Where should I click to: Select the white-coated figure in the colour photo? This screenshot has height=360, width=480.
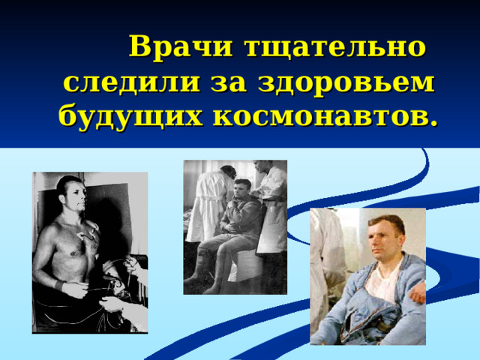328,262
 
